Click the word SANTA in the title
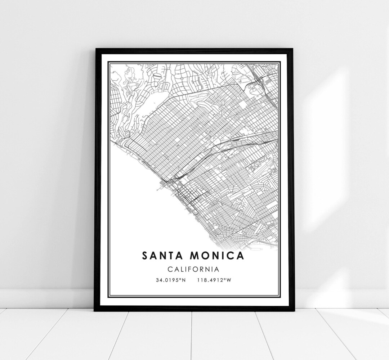point(161,256)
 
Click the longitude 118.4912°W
point(214,280)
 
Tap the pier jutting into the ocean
point(161,185)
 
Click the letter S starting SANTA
point(145,256)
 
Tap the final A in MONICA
point(240,256)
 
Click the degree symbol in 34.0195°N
point(180,279)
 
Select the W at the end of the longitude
point(228,280)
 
